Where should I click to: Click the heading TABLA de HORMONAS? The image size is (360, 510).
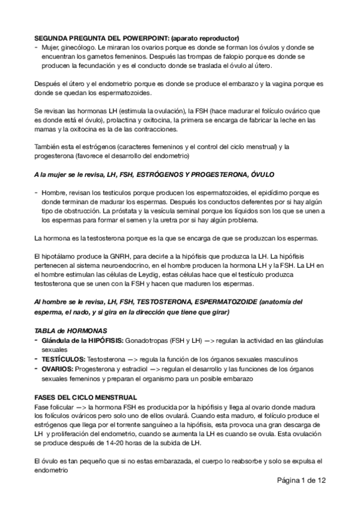click(70, 331)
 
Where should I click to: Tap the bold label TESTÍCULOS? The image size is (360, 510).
click(63, 359)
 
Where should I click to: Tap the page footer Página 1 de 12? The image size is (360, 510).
click(302, 481)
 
